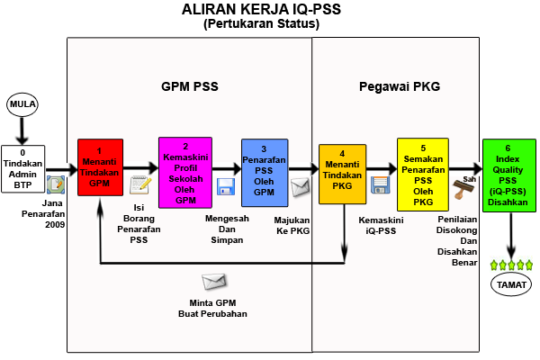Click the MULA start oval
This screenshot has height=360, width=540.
(22, 105)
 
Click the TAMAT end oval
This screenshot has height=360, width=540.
(510, 285)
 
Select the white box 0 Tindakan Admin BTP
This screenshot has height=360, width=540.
(22, 168)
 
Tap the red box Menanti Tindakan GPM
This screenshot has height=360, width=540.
(99, 169)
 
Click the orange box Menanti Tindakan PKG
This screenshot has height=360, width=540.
(342, 171)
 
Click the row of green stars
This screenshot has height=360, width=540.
(510, 265)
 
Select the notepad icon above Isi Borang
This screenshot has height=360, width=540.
(139, 185)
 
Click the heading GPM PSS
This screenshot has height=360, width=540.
(190, 87)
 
